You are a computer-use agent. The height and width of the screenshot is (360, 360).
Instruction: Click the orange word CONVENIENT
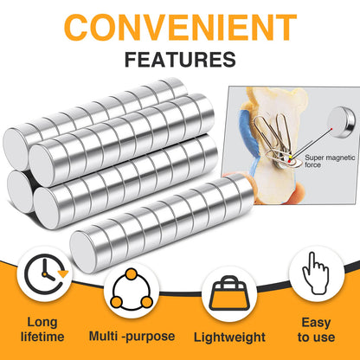(180, 27)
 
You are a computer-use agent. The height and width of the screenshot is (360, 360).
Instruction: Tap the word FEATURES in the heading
(180, 60)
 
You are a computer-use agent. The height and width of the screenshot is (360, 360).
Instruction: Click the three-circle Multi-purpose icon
(132, 290)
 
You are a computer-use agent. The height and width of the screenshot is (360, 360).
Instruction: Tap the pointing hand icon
(315, 273)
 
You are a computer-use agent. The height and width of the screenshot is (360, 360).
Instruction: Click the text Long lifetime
(42, 330)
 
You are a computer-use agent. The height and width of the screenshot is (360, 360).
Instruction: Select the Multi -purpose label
(132, 337)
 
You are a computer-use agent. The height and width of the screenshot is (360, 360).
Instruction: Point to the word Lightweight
(229, 337)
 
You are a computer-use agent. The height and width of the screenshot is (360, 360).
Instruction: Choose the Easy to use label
(316, 330)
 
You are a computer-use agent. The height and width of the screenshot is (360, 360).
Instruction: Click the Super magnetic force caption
(330, 161)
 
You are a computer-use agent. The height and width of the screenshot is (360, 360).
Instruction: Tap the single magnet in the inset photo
(343, 121)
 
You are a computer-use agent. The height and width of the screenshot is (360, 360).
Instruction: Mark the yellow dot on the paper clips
(291, 157)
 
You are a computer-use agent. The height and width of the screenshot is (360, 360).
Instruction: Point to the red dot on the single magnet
(332, 129)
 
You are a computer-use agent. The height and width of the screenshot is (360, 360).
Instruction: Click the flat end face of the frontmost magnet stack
(83, 252)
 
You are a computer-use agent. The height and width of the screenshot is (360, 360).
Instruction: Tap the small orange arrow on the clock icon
(63, 273)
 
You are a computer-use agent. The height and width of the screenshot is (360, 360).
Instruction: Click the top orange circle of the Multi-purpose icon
(132, 273)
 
